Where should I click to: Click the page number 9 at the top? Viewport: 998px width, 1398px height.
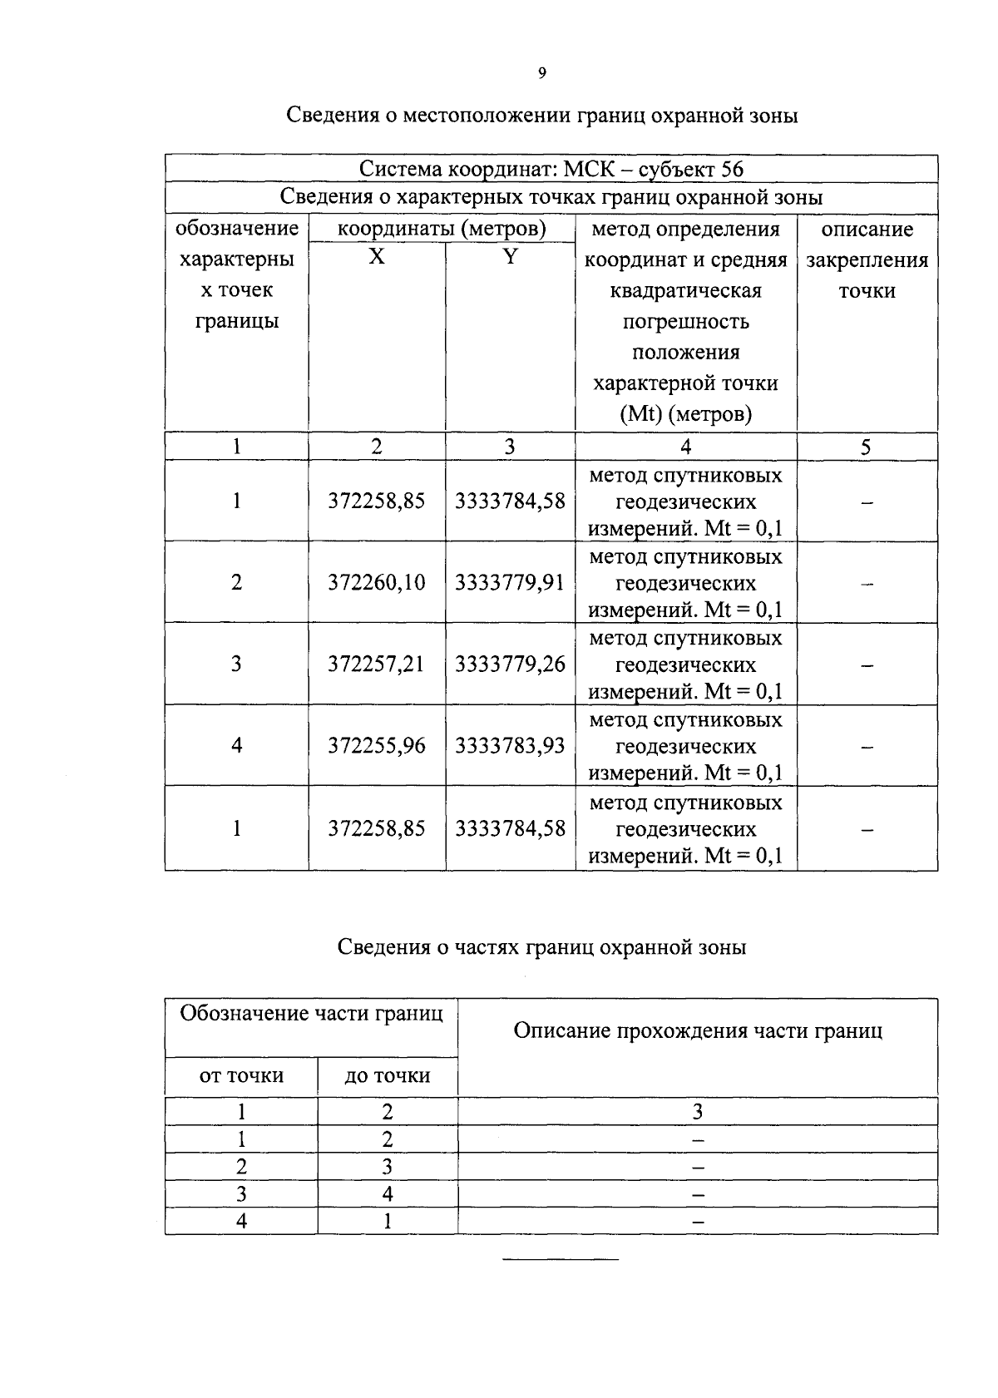541,73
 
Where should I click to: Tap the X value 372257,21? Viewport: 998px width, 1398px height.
376,664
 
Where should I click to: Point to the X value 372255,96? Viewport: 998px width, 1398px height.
376,746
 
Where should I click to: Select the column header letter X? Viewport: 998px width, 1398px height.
377,257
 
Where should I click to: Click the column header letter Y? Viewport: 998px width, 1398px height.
510,257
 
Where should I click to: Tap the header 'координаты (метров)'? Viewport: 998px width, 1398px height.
441,229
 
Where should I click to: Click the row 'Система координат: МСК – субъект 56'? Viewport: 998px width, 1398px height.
551,169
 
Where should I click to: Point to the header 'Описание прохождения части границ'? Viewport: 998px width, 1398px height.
697,1031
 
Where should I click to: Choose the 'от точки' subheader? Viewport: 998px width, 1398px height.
241,1076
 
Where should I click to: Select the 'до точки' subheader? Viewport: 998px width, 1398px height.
387,1076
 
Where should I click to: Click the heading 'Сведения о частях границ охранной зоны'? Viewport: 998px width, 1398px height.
541,947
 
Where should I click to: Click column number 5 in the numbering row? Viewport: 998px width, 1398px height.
866,447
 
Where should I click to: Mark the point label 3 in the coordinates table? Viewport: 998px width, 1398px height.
236,664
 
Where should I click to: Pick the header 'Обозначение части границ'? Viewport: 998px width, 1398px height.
311,1014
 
